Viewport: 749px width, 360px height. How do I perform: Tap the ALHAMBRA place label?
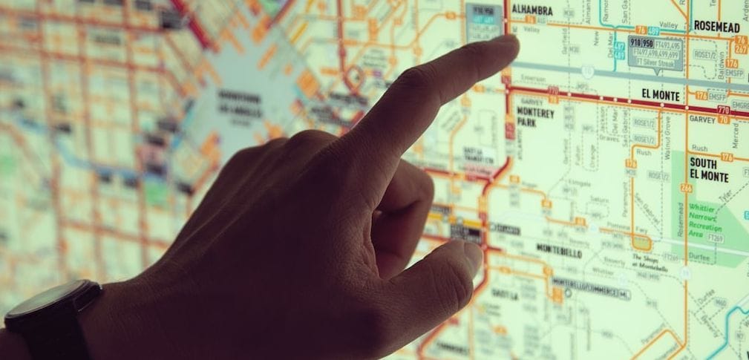click(x=532, y=10)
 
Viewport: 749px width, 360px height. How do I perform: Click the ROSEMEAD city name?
click(x=716, y=26)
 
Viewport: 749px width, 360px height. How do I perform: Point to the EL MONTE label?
click(x=661, y=94)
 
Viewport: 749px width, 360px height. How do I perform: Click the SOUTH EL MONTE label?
click(x=708, y=169)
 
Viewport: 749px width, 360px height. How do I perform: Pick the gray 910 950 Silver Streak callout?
click(x=655, y=50)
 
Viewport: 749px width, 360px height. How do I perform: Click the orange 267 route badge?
click(x=741, y=49)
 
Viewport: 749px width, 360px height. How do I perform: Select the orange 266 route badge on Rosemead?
click(x=686, y=189)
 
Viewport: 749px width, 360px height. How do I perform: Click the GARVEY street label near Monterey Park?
click(x=532, y=102)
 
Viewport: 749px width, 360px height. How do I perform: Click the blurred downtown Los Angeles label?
click(x=239, y=103)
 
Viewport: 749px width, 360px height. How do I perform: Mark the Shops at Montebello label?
click(x=644, y=261)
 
